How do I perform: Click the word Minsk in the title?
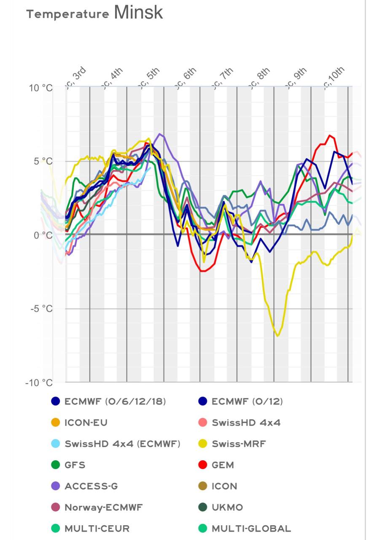[138, 13]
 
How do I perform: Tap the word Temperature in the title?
[67, 14]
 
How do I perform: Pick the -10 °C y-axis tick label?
[40, 383]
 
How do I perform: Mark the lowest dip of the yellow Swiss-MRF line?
[277, 336]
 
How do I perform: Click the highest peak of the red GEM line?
[330, 135]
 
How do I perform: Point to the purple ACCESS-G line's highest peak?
[159, 134]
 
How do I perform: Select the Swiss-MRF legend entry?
[239, 444]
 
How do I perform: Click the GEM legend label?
[223, 465]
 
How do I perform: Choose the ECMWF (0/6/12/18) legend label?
[115, 402]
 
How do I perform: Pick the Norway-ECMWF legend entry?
[104, 507]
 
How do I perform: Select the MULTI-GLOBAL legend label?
[251, 528]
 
